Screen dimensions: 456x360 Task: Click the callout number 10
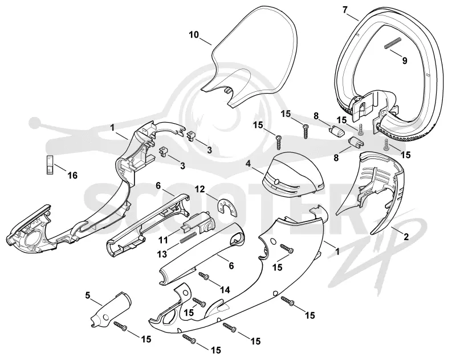(194, 35)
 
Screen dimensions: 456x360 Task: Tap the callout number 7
(345, 10)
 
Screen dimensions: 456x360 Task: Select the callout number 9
(405, 61)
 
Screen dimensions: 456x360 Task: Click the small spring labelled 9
(393, 43)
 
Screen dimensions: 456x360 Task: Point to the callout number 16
(72, 176)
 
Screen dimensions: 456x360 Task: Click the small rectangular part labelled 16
(50, 165)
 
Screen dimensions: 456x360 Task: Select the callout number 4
(248, 164)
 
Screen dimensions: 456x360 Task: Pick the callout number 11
(163, 241)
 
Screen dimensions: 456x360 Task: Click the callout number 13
(162, 254)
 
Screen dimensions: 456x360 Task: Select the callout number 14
(225, 290)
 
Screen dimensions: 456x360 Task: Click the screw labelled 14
(203, 276)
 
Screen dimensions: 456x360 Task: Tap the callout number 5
(88, 296)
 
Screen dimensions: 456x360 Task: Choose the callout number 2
(406, 237)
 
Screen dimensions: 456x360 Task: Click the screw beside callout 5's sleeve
(121, 326)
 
